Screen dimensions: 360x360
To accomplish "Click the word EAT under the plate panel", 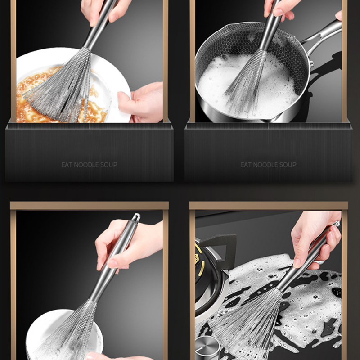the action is [67, 165].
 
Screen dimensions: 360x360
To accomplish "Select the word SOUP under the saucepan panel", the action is [289, 165].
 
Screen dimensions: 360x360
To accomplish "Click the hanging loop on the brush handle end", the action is [136, 217].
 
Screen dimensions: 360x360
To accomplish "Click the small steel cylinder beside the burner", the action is [208, 348].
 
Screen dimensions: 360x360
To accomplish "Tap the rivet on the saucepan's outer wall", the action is [311, 64].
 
